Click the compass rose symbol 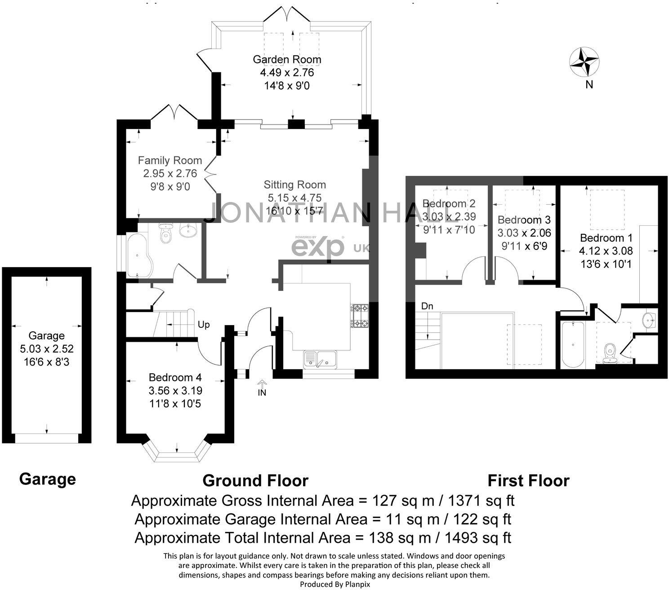[x=584, y=62]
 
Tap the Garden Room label [x=287, y=59]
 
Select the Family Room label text [x=169, y=161]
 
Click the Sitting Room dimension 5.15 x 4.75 [x=294, y=198]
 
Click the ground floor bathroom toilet [x=165, y=234]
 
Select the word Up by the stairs [x=204, y=325]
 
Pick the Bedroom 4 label [x=175, y=377]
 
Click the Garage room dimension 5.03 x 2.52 [x=47, y=349]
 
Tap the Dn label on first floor [x=427, y=306]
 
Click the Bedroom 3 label [x=524, y=220]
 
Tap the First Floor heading [x=528, y=481]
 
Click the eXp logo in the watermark [x=318, y=248]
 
